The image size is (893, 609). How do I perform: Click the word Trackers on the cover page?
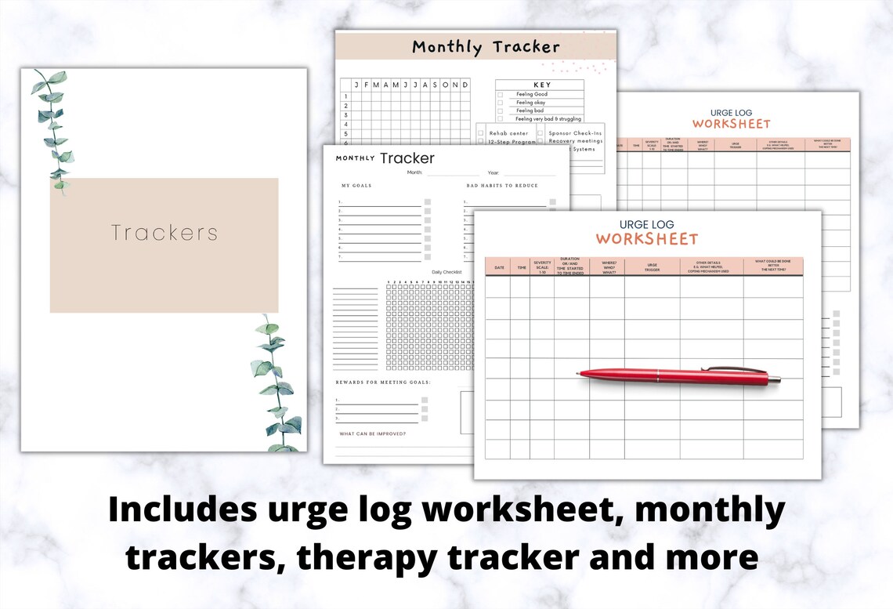point(164,233)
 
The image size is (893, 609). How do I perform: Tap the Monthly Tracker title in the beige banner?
point(486,47)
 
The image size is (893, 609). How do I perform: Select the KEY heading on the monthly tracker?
point(541,85)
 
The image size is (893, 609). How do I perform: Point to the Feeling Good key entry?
point(532,94)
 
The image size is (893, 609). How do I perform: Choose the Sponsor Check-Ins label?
point(575,133)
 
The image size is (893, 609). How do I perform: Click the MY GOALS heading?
point(356,186)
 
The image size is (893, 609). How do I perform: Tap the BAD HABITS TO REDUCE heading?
point(502,186)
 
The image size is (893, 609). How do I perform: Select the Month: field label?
point(414,172)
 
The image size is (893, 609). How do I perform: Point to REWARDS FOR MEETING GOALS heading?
point(384,382)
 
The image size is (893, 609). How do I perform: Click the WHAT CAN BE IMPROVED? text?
point(372,433)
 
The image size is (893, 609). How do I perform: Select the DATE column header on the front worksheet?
point(498,267)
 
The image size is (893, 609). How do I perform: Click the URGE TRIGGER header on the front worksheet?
point(652,266)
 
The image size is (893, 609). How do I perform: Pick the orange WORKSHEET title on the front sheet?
point(646,239)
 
